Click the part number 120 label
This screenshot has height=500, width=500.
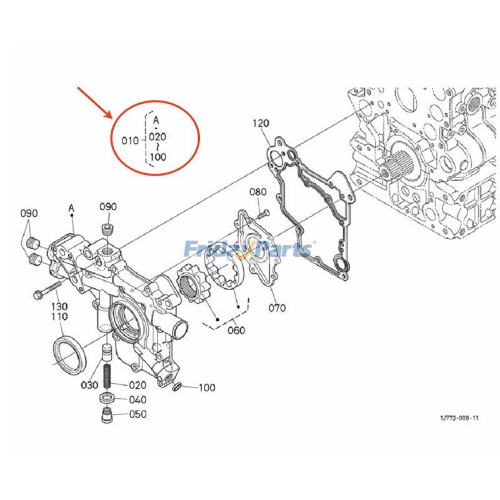tap(261, 124)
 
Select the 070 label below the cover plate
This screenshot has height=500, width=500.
tap(277, 307)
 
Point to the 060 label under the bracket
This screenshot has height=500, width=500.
tap(236, 330)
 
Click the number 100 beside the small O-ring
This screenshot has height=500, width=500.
tap(206, 387)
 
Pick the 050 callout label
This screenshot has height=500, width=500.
tap(137, 414)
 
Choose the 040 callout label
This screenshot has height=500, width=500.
tap(137, 399)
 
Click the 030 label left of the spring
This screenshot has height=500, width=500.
tap(89, 385)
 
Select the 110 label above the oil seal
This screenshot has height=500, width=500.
tap(59, 317)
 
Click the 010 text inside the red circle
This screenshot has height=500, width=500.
tap(129, 140)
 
